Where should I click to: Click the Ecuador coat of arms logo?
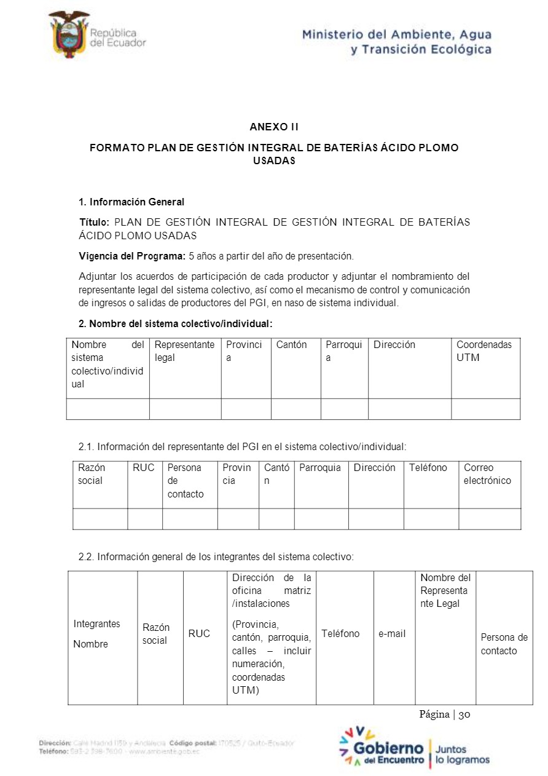[69, 34]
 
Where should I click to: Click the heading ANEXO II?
[274, 127]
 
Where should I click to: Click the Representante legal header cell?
[184, 351]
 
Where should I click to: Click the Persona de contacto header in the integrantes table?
[504, 644]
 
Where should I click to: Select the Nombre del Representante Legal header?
[445, 590]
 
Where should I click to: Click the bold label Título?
[95, 222]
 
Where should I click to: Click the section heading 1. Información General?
[131, 202]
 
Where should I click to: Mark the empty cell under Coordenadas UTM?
[485, 409]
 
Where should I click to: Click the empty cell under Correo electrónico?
[489, 519]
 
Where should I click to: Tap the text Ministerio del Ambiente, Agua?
[396, 35]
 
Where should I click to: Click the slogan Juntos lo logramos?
[462, 754]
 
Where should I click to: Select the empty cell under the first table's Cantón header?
[296, 409]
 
